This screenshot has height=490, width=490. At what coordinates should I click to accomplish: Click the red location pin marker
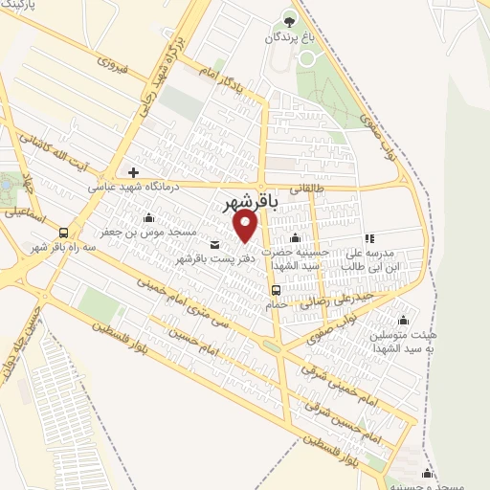[246, 226]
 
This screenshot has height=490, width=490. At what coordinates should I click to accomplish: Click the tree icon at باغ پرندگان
[290, 19]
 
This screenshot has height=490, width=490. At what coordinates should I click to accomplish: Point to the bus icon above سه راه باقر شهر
[63, 233]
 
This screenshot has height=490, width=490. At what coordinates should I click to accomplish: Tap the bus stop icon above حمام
[276, 289]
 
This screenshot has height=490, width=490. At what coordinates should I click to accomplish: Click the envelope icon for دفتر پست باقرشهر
[213, 243]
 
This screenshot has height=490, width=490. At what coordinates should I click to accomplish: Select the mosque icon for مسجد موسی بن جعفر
[148, 217]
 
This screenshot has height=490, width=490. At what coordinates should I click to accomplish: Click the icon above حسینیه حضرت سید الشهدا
[295, 238]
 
